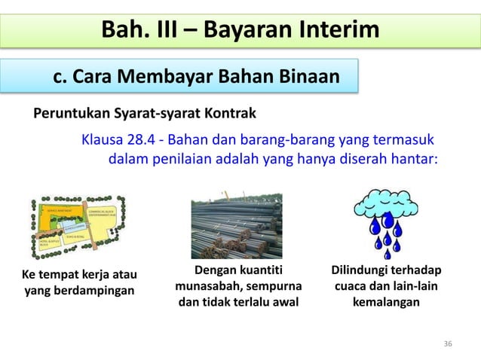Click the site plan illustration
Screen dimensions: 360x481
(x=77, y=226)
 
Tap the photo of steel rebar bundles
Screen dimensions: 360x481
(x=236, y=225)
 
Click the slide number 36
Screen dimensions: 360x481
(x=448, y=344)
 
